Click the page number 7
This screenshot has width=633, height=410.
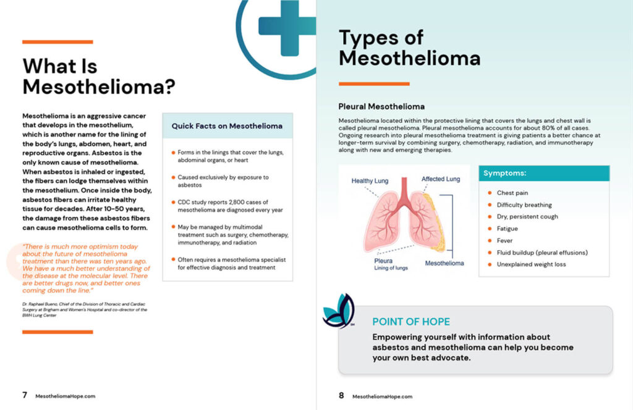pos(25,395)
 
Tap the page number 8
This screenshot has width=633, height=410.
pos(341,395)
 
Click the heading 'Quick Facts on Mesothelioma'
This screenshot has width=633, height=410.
pos(227,126)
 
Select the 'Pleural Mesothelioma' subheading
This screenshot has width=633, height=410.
pos(381,106)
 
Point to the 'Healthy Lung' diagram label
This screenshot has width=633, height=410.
pos(370,181)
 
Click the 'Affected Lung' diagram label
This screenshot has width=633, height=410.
pos(441,179)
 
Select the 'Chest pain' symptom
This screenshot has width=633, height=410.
pos(512,193)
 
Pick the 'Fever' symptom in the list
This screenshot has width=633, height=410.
pos(506,240)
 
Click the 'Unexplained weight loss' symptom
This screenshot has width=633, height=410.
pos(531,264)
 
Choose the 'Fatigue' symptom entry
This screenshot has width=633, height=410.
pos(508,228)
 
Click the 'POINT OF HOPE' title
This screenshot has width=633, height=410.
pos(410,322)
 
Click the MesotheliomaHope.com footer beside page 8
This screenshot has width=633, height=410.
pos(382,396)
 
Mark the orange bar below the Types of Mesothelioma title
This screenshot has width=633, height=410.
pos(374,83)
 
